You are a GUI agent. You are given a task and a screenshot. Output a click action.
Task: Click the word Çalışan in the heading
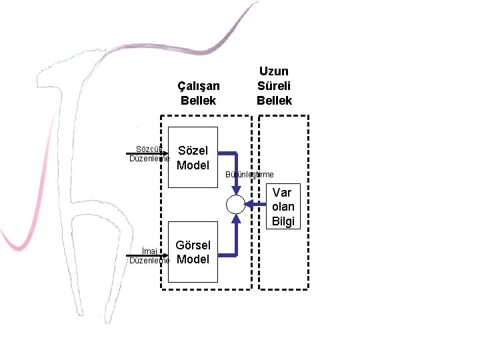point(198,86)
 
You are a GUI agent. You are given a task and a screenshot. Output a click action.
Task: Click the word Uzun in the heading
point(274,71)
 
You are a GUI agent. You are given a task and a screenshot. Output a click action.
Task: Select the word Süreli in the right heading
point(274,85)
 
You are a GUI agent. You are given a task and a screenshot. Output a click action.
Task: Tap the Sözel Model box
point(193,157)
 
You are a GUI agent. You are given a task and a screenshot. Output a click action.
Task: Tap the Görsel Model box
point(193,252)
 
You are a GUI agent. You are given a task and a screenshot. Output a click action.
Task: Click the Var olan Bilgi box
point(283,207)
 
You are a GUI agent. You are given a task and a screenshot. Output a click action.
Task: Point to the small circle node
point(236,205)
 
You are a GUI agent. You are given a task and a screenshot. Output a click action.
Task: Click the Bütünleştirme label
point(250,175)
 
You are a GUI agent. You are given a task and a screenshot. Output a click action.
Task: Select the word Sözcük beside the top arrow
point(149,149)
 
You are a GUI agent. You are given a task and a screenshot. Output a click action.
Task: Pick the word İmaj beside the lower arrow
point(149,251)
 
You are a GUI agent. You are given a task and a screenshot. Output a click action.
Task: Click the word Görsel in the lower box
point(193,245)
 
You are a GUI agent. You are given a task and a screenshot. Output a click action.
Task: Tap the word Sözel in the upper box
point(193,151)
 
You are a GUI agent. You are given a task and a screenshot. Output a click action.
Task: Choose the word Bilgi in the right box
point(283,221)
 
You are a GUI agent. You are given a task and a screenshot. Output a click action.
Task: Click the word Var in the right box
point(283,193)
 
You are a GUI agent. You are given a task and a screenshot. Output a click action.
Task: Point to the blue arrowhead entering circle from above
point(236,191)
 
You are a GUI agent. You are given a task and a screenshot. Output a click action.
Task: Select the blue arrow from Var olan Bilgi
point(257,205)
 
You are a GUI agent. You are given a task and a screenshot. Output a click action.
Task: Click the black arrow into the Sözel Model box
point(147,154)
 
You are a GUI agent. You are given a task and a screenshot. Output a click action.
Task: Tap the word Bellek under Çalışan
point(198,101)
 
